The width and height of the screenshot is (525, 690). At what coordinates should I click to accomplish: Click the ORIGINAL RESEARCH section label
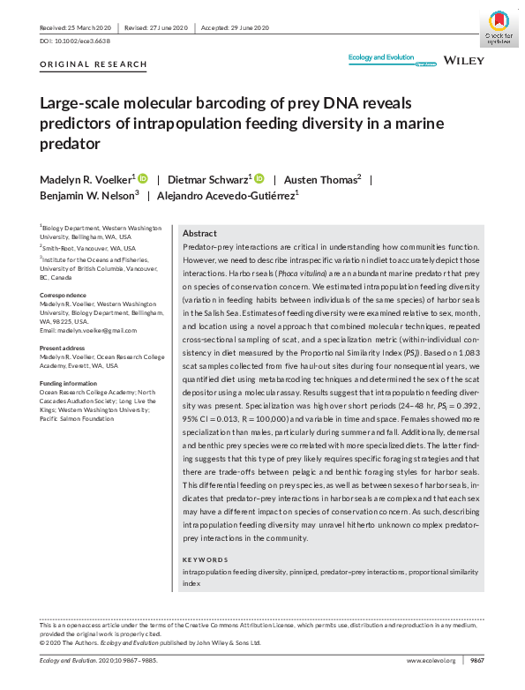coord(94,65)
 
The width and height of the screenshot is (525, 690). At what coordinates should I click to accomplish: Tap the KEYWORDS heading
coord(203,560)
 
